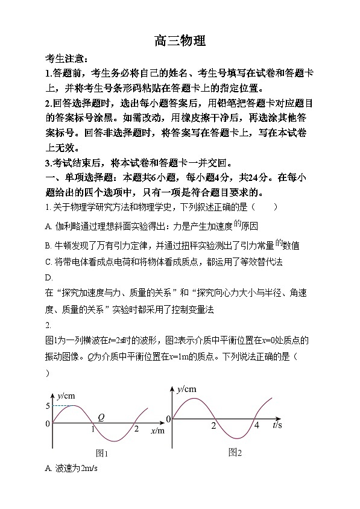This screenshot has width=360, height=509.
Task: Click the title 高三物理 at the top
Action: [x=180, y=40]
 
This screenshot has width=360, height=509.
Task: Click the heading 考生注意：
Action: [x=66, y=59]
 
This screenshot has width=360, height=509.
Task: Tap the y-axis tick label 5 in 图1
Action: [x=48, y=406]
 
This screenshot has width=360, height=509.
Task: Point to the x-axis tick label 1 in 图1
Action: [x=92, y=429]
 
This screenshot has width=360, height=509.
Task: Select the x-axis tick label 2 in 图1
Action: [x=136, y=429]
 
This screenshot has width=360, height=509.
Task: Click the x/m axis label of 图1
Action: [x=156, y=431]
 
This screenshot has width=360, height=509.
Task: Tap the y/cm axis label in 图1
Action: [x=66, y=396]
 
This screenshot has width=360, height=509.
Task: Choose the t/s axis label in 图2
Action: [x=278, y=425]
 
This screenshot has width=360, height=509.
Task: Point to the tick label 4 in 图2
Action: [x=256, y=426]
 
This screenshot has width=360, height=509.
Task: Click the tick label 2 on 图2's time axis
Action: [x=213, y=426]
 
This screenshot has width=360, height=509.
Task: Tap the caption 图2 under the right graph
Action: [x=235, y=452]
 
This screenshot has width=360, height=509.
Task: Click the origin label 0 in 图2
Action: [x=169, y=419]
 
